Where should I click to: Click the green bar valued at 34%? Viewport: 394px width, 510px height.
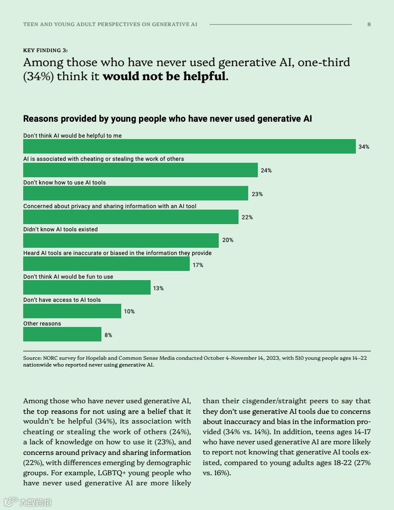pyautogui.click(x=189, y=146)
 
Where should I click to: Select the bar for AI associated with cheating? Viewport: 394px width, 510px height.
pyautogui.click(x=140, y=170)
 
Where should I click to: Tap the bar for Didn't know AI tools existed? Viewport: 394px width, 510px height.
pyautogui.click(x=121, y=241)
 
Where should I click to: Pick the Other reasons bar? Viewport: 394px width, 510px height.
pyautogui.click(x=62, y=334)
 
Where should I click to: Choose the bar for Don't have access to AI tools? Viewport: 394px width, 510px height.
pyautogui.click(x=72, y=311)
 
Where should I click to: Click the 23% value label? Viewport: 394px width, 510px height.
pyautogui.click(x=257, y=194)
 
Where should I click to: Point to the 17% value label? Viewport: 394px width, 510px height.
pyautogui.click(x=198, y=265)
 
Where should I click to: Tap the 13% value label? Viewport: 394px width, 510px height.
pyautogui.click(x=158, y=288)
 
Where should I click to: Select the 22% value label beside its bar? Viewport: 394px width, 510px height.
pyautogui.click(x=247, y=217)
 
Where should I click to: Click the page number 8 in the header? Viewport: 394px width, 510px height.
pyautogui.click(x=369, y=24)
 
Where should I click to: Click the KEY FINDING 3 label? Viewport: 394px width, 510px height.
pyautogui.click(x=45, y=50)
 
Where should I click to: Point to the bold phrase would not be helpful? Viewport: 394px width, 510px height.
pyautogui.click(x=164, y=76)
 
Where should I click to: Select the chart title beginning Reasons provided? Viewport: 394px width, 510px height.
pyautogui.click(x=168, y=118)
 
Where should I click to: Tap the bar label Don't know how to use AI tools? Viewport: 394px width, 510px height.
pyautogui.click(x=65, y=183)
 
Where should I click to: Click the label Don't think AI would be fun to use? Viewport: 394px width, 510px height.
pyautogui.click(x=68, y=277)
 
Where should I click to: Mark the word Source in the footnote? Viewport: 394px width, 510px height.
pyautogui.click(x=32, y=358)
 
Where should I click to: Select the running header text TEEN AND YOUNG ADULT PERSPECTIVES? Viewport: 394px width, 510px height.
pyautogui.click(x=110, y=24)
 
